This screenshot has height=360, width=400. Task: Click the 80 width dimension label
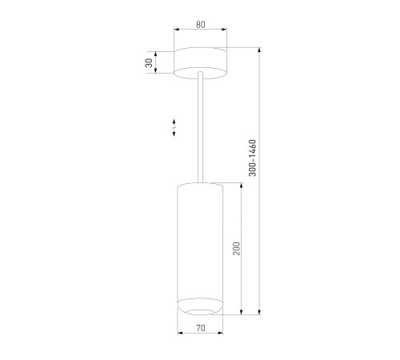201,25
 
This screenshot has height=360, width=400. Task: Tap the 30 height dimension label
150,62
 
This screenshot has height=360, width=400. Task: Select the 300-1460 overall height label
252,158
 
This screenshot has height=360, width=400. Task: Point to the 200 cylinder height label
237,249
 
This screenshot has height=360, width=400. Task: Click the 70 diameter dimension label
201,328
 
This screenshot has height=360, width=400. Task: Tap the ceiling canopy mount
200,63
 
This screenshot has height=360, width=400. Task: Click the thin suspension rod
200,127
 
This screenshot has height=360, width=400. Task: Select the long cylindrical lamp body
200,249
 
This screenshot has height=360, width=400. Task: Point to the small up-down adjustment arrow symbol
174,128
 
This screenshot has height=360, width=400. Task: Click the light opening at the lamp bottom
200,312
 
